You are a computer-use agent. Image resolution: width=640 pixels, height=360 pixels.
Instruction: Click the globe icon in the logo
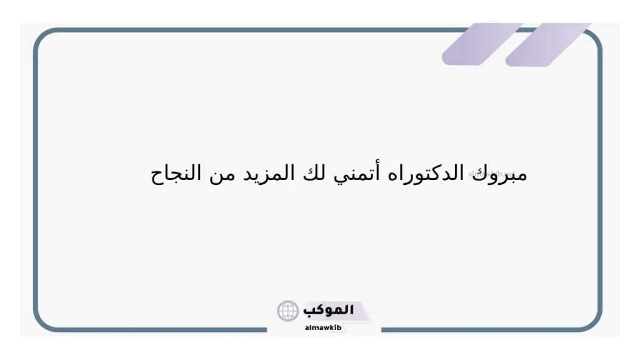288,311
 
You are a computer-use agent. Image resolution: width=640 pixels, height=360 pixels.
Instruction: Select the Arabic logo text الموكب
328,310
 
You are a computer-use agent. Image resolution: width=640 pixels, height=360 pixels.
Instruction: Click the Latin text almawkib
322,327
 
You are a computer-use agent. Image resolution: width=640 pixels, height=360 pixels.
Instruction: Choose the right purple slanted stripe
547,44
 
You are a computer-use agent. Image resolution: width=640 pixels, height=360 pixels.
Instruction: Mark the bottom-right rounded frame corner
592,321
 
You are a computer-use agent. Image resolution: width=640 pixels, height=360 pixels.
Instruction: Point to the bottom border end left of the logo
265,329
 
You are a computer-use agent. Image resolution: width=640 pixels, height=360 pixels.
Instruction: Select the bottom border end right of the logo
382,329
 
